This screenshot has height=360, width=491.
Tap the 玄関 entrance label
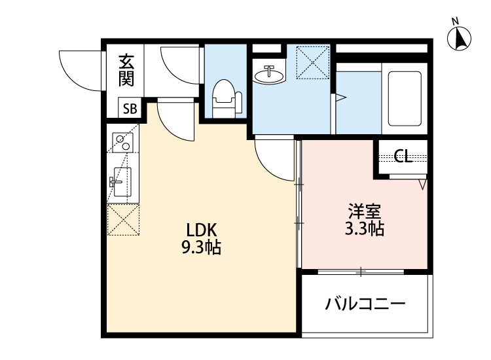click(x=126, y=70)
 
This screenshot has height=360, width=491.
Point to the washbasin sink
click(x=268, y=75)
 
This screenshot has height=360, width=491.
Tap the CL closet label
click(x=403, y=156)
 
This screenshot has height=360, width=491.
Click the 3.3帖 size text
click(x=364, y=229)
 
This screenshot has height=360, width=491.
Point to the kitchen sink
click(x=122, y=180)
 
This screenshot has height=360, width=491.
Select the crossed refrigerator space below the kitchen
click(x=122, y=219)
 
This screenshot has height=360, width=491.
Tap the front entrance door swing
click(x=82, y=69)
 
